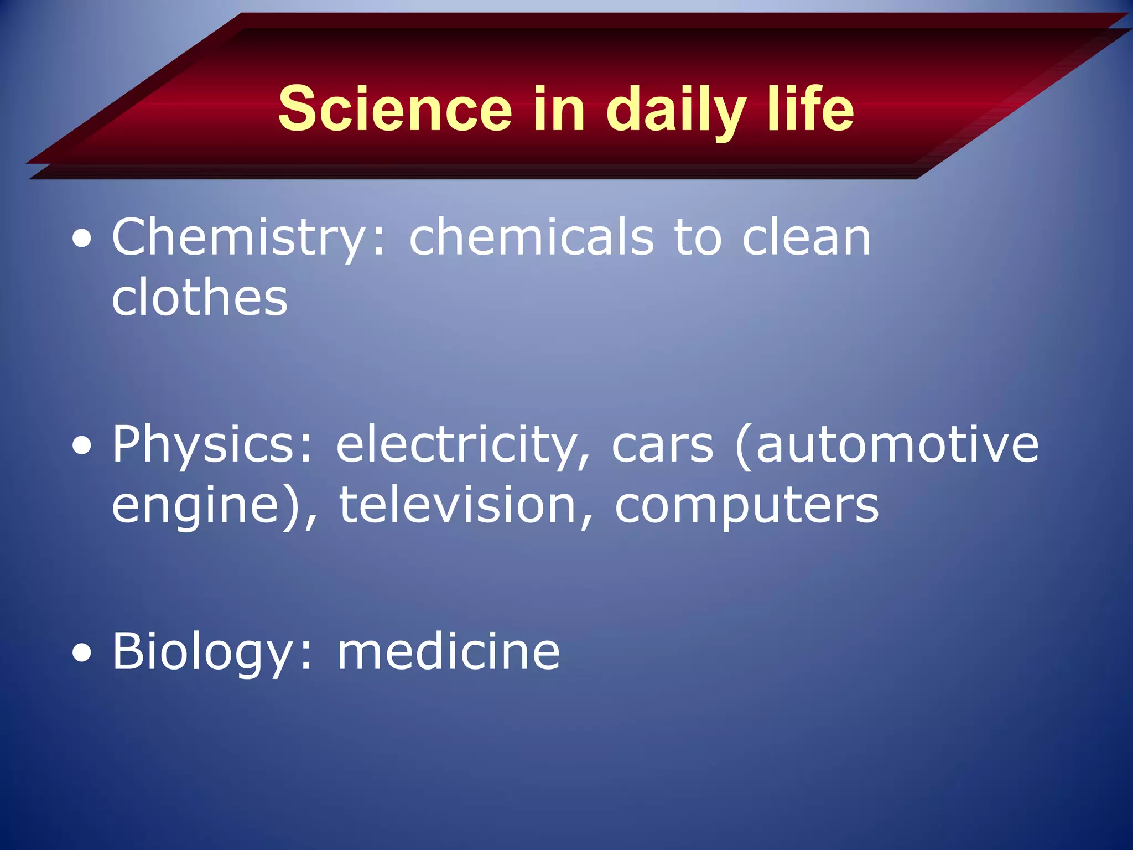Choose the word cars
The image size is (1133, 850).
point(662,445)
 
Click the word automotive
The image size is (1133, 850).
point(897,445)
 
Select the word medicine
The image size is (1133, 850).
point(448,652)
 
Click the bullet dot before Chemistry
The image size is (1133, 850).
point(82,241)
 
